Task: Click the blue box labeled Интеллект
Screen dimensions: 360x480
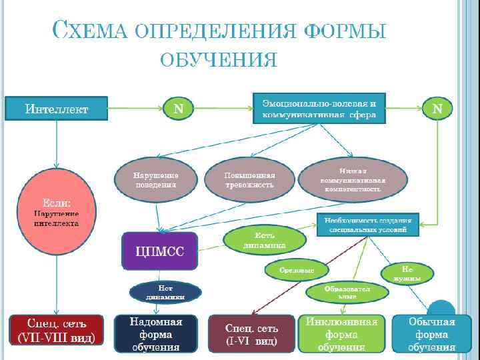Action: (x=57, y=108)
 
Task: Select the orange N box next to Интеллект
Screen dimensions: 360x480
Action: (x=178, y=108)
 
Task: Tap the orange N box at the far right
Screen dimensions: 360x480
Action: (x=437, y=109)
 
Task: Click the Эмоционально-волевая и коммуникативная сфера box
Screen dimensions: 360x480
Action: (x=319, y=109)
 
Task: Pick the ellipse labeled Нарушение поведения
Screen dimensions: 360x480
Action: (x=156, y=179)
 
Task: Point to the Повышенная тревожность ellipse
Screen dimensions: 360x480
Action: (x=249, y=179)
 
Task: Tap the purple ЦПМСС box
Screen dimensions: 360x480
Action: (x=160, y=250)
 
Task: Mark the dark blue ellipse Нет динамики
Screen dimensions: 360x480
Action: (x=164, y=291)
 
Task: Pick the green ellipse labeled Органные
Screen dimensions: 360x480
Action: (x=298, y=269)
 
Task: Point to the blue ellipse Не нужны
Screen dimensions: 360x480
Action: (x=407, y=272)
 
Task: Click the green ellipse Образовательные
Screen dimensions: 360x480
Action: (x=347, y=291)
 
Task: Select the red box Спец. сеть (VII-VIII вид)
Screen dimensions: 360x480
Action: (x=57, y=331)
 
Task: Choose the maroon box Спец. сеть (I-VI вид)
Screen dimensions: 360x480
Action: (x=251, y=333)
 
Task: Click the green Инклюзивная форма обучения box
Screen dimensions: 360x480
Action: (x=341, y=333)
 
